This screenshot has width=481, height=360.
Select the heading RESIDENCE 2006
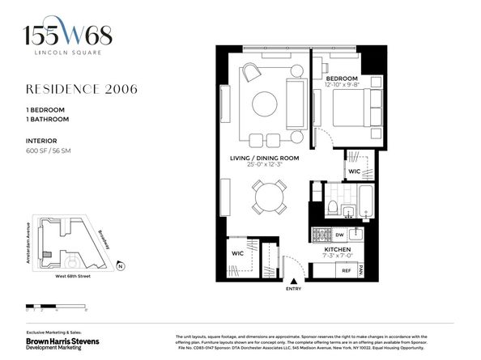click(81, 89)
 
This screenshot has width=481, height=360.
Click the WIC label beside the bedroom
click(355, 171)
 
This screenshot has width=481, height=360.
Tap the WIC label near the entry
click(238, 253)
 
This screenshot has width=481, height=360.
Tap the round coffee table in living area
click(265, 104)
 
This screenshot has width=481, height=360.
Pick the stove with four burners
click(321, 235)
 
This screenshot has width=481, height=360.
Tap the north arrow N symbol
click(119, 265)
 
